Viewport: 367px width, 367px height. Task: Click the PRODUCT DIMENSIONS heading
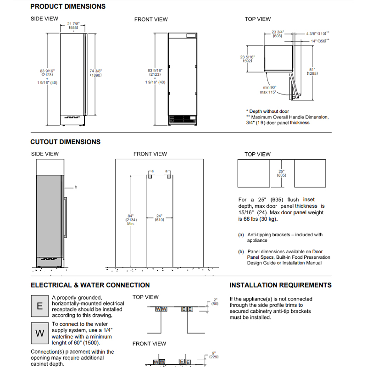[x=68, y=6]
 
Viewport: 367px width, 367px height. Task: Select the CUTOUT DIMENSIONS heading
[x=65, y=142]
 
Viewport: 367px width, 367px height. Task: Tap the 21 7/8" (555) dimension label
[x=73, y=26]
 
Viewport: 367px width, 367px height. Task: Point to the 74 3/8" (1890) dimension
[x=96, y=73]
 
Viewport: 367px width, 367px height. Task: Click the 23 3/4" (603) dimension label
[x=278, y=34]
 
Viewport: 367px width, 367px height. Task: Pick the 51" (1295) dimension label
[x=312, y=72]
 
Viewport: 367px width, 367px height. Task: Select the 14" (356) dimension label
[x=320, y=41]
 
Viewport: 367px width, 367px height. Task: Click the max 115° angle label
[x=268, y=92]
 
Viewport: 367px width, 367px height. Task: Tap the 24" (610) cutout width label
[x=159, y=218]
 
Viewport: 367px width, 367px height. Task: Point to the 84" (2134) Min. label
[x=131, y=220]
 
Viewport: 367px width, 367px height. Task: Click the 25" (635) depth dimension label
[x=281, y=173]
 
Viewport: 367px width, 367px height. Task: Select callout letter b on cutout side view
[x=76, y=187]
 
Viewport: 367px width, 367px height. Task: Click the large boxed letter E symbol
[x=40, y=306]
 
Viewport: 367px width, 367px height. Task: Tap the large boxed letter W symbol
[x=40, y=333]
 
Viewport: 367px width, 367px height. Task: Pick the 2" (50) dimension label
[x=215, y=302]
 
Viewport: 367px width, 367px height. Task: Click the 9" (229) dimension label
[x=214, y=355]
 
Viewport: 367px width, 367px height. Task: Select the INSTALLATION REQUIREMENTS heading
[x=280, y=285]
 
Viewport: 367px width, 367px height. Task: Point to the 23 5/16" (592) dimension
[x=247, y=59]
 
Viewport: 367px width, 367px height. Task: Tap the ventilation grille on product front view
[x=183, y=119]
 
